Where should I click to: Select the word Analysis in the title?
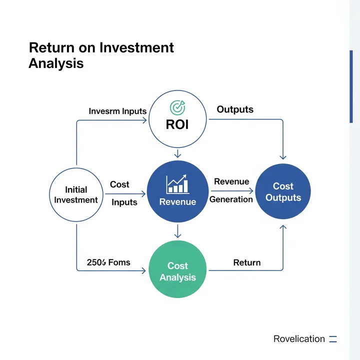click(x=56, y=64)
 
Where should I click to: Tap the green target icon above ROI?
click(x=177, y=107)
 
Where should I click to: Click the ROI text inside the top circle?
click(x=177, y=124)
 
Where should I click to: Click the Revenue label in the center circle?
click(x=177, y=202)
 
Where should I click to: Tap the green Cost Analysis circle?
click(x=177, y=271)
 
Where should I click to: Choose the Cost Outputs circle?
click(x=283, y=192)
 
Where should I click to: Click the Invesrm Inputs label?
click(x=117, y=111)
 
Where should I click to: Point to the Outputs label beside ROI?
click(x=235, y=109)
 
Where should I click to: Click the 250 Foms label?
click(x=108, y=262)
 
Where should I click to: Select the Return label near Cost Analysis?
click(x=247, y=262)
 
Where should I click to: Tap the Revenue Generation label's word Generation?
click(x=231, y=199)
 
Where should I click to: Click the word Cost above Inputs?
click(x=119, y=184)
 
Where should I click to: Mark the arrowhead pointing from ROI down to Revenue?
click(x=177, y=155)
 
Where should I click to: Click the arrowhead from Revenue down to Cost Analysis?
click(x=177, y=234)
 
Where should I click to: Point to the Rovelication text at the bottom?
click(x=299, y=339)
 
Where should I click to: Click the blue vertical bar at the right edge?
click(x=351, y=86)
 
